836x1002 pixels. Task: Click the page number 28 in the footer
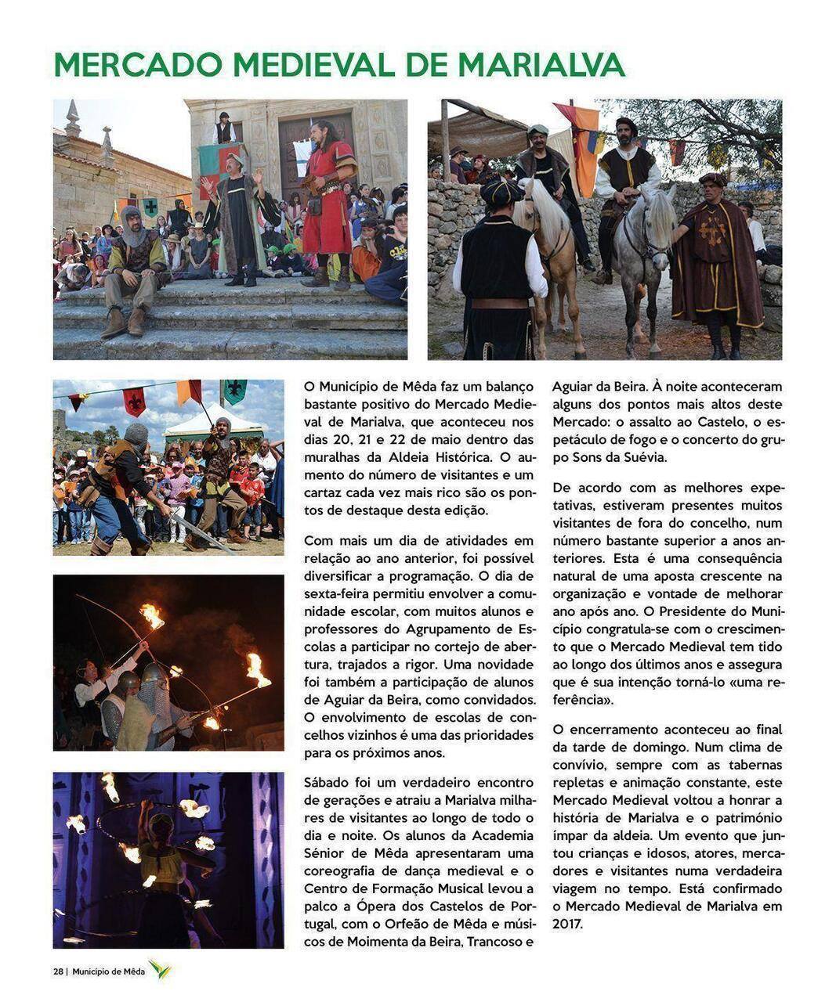point(58,971)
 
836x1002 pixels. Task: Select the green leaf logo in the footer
point(160,971)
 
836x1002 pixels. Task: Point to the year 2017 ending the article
point(569,924)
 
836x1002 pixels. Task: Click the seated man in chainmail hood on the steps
point(133,258)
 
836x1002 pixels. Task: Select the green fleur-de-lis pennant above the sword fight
point(234,390)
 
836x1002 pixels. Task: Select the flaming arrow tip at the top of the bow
point(151,615)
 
